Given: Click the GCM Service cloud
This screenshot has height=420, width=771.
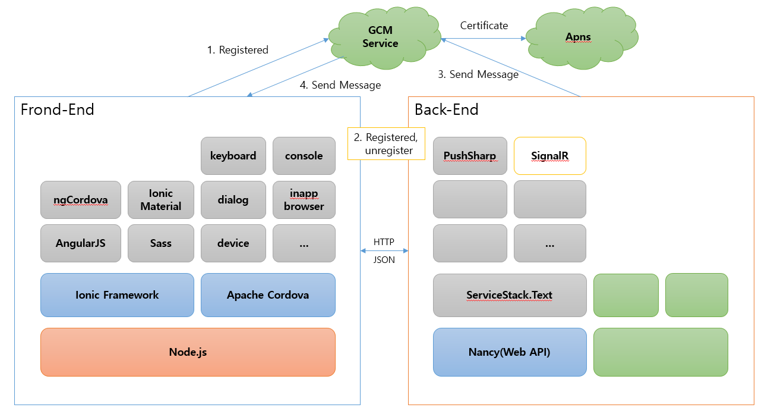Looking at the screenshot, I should coord(380,37).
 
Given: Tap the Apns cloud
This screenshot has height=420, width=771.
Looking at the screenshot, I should coord(578,37).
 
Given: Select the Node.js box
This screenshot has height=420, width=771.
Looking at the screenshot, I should coord(188,352).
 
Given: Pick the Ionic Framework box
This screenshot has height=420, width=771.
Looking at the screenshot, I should coord(117,295).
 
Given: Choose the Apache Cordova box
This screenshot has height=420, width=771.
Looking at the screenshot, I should coord(268,295).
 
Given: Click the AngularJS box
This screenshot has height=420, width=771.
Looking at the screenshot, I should coord(81,243).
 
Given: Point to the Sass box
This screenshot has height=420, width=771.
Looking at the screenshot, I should coord(161,243).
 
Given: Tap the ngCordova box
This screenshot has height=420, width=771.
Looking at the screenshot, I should coord(81,200).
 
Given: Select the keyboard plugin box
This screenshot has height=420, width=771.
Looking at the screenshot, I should coord(233,156).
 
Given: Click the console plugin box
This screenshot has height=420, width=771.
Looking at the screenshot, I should coord(304,156).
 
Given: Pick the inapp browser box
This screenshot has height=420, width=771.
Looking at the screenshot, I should coord(304,200).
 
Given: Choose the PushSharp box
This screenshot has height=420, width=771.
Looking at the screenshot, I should coord(470,156).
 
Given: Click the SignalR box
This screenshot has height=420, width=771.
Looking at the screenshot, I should coord(549,156).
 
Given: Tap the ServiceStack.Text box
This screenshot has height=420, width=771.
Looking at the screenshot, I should coord(510,295).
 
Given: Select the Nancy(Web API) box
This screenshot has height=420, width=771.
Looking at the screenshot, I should coord(510,352).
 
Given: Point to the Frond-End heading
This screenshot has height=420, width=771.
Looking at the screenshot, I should coord(58,109).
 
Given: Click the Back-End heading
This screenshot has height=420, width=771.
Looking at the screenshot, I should coord(447,109).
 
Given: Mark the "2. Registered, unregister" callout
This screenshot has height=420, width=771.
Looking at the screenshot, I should coord(386,144).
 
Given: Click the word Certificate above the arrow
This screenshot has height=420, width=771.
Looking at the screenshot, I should coord(484,26).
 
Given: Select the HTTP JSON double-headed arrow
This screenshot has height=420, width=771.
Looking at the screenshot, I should coord(384,251).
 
